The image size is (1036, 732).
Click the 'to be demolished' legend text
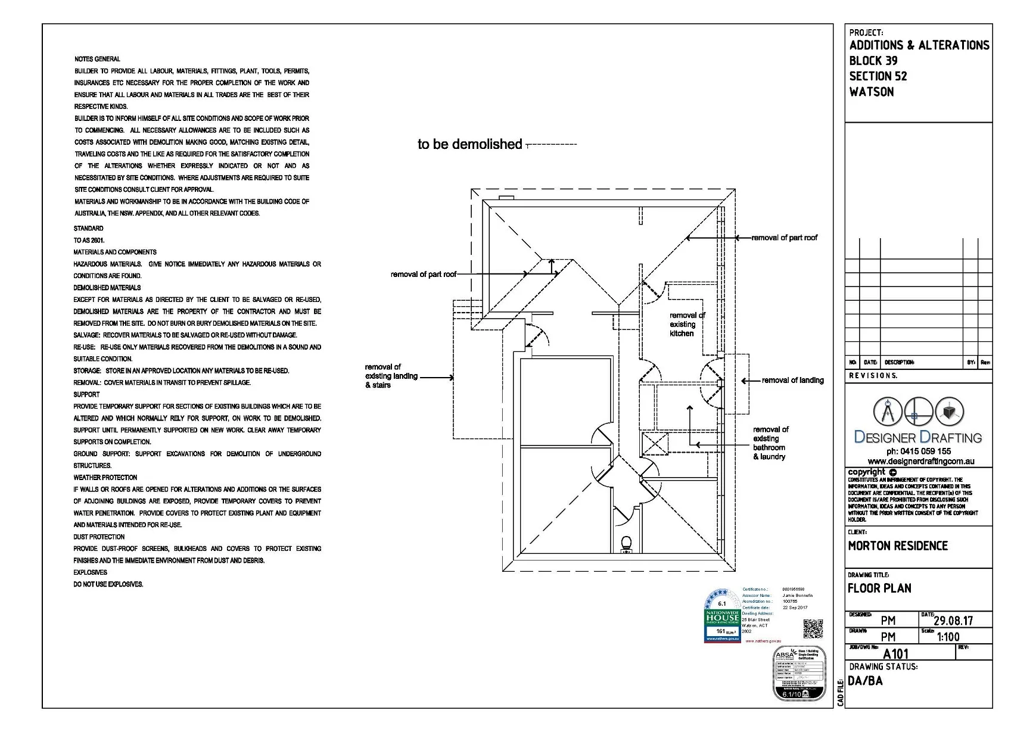pos(469,144)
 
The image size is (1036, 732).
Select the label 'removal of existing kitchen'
pos(686,325)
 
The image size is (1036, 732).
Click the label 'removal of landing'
pos(792,381)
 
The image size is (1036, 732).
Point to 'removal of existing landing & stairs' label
pos(391,376)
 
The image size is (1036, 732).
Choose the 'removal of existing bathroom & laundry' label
pos(770,443)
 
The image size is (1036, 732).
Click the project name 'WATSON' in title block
pos(871,92)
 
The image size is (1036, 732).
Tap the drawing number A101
pos(895,654)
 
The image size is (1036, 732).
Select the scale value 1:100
pos(948,637)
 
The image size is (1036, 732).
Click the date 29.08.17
pos(953,621)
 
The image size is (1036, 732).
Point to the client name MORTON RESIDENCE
pos(897,546)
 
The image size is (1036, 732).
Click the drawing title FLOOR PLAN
pos(879,588)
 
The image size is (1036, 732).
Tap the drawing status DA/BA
pos(865,681)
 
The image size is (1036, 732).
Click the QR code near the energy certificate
pos(813,629)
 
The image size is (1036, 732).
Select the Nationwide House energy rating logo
pos(722,616)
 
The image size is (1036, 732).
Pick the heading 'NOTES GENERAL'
pos(97,59)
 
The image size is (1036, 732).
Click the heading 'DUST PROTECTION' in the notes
pos(99,537)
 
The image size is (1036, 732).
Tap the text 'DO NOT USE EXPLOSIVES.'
pos(108,584)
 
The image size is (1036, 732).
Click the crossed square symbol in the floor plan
pos(654,444)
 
